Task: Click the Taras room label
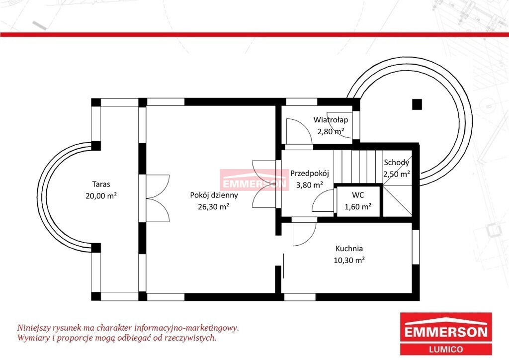(101, 184)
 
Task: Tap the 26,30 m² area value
(214, 206)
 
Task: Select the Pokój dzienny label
(214, 195)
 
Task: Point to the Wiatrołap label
(331, 120)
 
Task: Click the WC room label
(358, 195)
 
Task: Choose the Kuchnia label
(349, 249)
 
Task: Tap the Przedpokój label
(309, 174)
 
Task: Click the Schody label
(396, 162)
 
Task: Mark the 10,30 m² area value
(349, 260)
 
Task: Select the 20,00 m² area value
(101, 196)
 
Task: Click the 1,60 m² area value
(358, 206)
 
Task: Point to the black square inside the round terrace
(417, 104)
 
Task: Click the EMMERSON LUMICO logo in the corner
(446, 334)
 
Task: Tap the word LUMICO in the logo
(446, 349)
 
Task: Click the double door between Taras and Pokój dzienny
(158, 198)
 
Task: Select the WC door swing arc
(323, 201)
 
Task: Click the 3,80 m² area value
(309, 184)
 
